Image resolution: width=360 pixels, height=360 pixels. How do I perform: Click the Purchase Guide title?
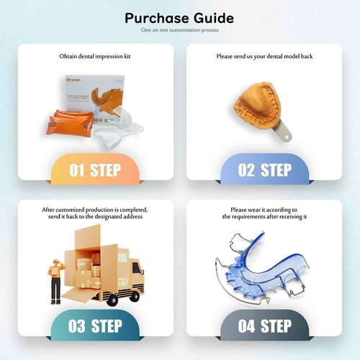[179, 17]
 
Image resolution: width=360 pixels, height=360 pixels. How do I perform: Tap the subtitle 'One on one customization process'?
[179, 31]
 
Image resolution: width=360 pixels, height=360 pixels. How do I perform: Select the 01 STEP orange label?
[94, 171]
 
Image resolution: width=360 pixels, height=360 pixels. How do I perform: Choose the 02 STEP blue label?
[265, 171]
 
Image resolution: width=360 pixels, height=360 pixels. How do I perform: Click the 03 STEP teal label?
[94, 326]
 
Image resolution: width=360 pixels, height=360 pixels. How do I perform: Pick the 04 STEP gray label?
[265, 326]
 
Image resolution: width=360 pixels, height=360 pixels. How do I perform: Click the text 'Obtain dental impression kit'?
[94, 55]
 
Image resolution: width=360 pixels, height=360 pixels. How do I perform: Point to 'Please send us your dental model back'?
[265, 55]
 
